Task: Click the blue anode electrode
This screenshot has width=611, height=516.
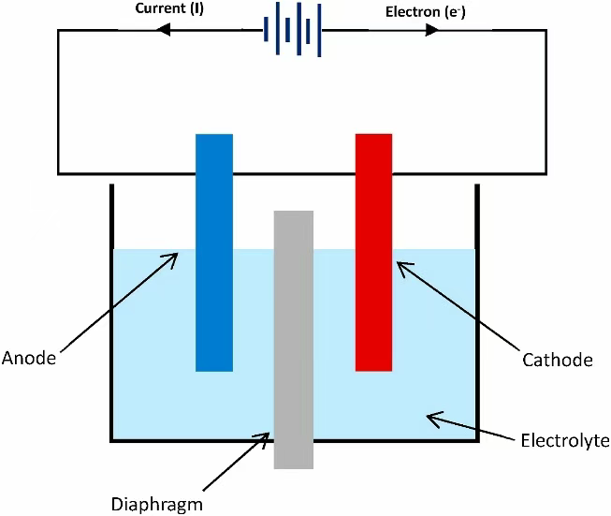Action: point(213,253)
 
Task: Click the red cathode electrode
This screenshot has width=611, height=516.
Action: point(373,253)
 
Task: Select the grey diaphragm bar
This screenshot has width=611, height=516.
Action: point(293,337)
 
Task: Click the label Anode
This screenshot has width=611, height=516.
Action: point(29,357)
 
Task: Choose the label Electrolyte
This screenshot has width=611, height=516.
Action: point(564,438)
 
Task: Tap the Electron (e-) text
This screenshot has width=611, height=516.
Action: point(420,12)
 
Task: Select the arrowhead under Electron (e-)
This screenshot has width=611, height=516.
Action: point(431,30)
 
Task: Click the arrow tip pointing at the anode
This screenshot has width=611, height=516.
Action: point(178,252)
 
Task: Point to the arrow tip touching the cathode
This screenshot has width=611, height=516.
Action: point(399,263)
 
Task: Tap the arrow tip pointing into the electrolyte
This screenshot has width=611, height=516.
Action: point(428,417)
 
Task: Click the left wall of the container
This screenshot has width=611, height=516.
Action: point(112,309)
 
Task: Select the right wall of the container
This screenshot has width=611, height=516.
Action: point(477,309)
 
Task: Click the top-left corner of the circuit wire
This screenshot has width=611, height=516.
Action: point(59,30)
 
